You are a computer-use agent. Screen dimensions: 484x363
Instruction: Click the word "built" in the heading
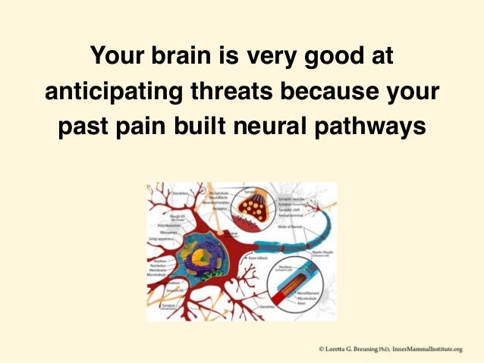click(213, 125)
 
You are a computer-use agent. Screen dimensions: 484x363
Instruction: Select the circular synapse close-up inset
click(256, 207)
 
